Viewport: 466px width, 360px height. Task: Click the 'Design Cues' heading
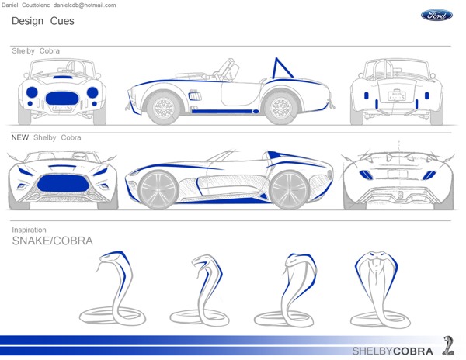point(43,21)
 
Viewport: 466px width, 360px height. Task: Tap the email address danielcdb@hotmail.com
point(85,5)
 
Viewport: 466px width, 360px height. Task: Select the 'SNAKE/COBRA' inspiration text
point(52,241)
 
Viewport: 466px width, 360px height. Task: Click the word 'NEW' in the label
point(20,137)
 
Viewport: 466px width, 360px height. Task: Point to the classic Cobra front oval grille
point(63,97)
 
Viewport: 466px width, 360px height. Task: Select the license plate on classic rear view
point(397,96)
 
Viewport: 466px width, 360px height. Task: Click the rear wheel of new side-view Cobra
point(289,189)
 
